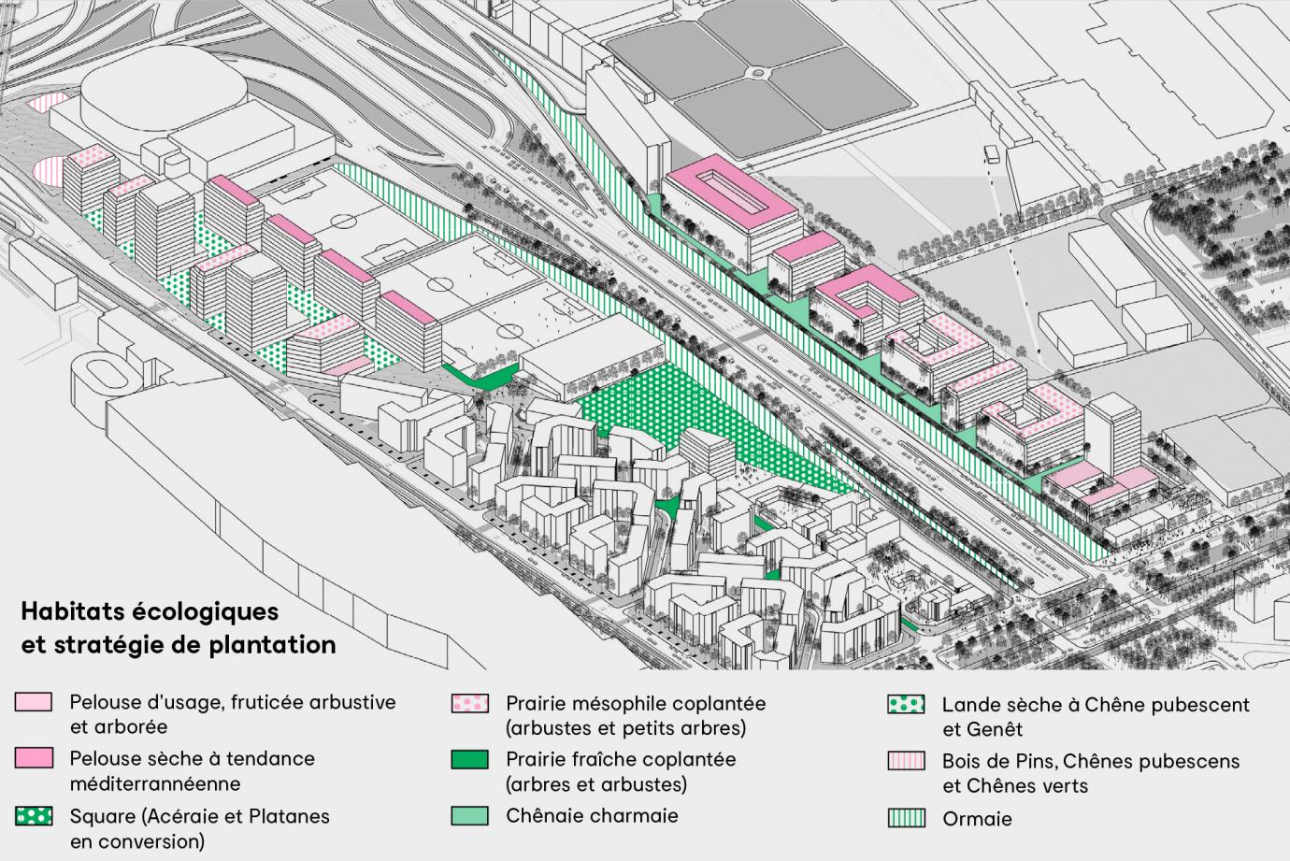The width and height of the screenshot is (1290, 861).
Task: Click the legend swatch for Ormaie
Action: (x=906, y=819)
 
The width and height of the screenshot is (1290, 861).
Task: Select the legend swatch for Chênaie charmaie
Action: (x=469, y=815)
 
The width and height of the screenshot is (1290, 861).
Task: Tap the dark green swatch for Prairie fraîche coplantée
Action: (x=469, y=759)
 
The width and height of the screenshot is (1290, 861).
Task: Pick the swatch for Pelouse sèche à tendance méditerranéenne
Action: (x=34, y=758)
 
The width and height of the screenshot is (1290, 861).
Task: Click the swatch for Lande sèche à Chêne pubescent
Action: (x=906, y=705)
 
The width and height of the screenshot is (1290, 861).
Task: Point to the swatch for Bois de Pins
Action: (x=906, y=761)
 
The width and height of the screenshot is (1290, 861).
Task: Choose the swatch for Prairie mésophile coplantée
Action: (x=469, y=703)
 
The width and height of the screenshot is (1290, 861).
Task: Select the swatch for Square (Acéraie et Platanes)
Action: (x=34, y=816)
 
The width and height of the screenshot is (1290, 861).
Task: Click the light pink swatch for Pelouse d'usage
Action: (x=34, y=702)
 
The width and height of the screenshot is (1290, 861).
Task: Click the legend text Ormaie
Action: (x=977, y=819)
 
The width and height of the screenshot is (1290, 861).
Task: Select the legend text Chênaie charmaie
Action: (x=592, y=815)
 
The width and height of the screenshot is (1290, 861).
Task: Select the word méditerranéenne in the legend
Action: (x=155, y=783)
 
